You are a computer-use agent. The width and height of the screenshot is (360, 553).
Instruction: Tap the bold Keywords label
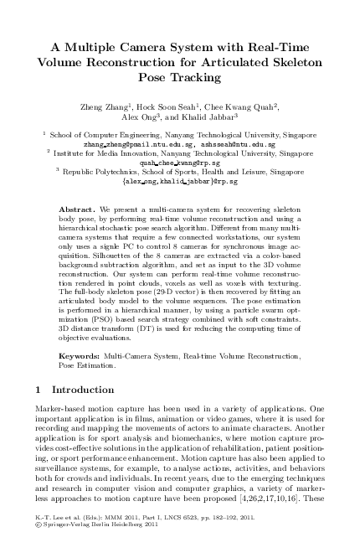83,356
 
